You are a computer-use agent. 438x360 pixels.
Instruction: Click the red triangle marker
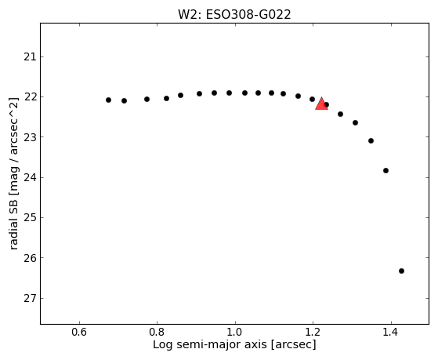(321, 104)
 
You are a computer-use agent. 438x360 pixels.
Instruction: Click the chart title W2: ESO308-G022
(234, 15)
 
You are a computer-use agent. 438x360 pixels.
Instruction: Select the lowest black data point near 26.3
(401, 271)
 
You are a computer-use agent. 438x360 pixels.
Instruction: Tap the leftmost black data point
(108, 100)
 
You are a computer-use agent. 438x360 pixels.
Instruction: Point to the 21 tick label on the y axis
(30, 57)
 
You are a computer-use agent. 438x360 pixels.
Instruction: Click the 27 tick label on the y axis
(30, 299)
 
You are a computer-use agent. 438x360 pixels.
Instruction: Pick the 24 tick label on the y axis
(30, 177)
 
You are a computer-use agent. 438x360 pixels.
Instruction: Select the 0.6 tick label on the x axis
(80, 332)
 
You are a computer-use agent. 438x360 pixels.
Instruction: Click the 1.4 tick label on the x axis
(391, 332)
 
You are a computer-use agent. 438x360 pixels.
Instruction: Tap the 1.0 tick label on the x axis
(235, 332)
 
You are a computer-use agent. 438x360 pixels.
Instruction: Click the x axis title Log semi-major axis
(210, 344)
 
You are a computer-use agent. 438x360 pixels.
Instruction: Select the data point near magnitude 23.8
(386, 170)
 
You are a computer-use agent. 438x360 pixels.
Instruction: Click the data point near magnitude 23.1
(371, 140)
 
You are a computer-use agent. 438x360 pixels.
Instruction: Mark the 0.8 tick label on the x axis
(157, 332)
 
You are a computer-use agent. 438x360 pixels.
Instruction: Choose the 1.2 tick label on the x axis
(313, 332)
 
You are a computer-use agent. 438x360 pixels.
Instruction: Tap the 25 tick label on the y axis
(30, 217)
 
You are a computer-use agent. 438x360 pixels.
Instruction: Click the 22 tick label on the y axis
(30, 97)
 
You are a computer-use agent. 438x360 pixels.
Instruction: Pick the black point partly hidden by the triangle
(327, 105)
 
